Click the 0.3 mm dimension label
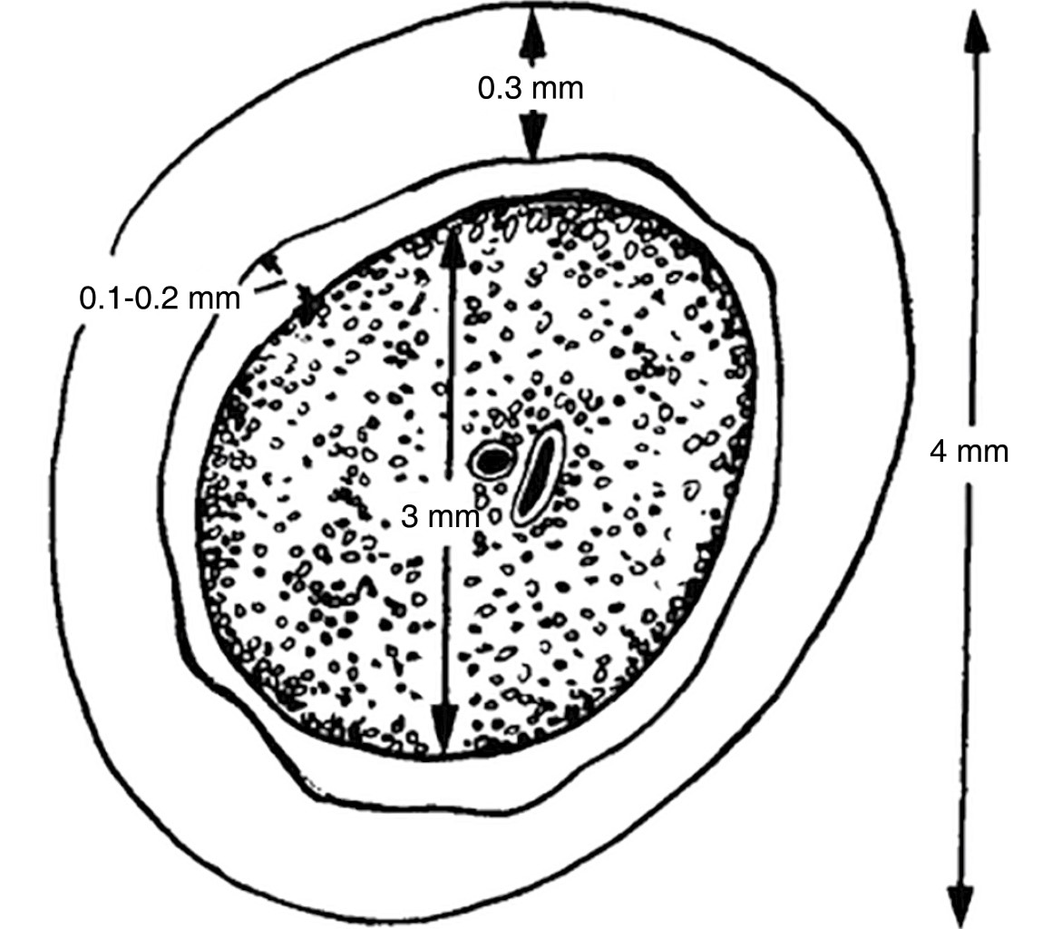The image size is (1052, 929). click(530, 88)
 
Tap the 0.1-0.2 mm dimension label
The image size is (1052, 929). click(160, 298)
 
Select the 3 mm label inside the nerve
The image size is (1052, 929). click(441, 516)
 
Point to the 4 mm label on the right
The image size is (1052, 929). click(969, 451)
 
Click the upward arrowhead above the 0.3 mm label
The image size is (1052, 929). click(531, 30)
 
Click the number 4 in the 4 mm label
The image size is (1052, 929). click(938, 451)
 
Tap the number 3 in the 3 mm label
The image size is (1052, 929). click(409, 516)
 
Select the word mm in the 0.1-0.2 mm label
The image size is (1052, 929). click(214, 298)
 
